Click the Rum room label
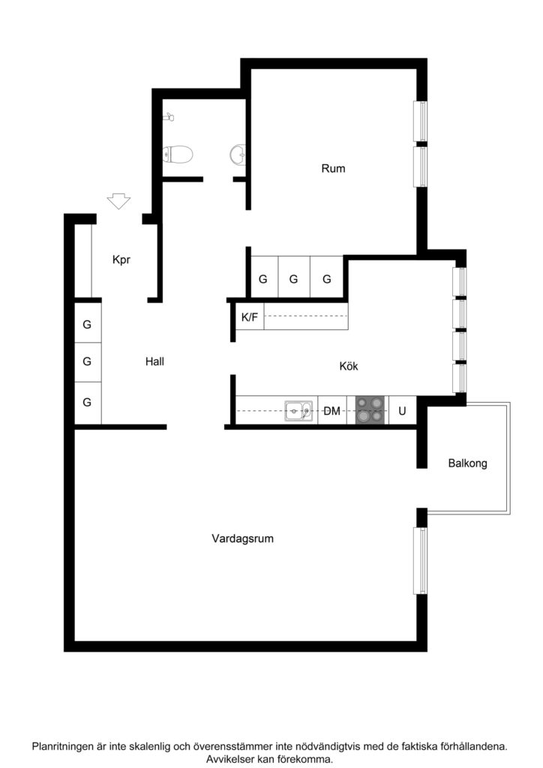point(333,169)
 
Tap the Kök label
point(349,367)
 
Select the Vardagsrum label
point(241,538)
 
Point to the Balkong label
point(467,463)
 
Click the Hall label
point(154,361)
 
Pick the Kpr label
point(121,260)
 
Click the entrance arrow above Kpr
point(118,201)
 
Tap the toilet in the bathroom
point(180,154)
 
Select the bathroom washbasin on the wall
point(237,154)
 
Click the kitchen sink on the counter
point(298,411)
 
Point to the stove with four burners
point(371,411)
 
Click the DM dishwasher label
point(331,411)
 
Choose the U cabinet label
point(402,411)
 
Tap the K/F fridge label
point(249,317)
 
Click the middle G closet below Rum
point(294,279)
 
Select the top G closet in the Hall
point(87,325)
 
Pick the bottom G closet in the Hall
point(87,402)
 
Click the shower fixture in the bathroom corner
point(169,117)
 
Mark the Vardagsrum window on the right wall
point(421,561)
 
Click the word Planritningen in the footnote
point(66,747)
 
